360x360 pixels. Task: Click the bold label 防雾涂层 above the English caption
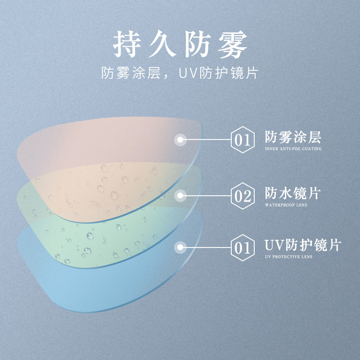293,137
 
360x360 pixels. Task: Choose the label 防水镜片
293,193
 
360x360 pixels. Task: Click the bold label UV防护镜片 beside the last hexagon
302,245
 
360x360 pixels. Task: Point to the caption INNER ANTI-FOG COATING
293,148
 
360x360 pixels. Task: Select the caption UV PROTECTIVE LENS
288,256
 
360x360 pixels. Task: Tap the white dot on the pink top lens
180,139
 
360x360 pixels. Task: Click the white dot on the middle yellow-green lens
180,195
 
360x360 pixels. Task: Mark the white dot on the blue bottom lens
180,247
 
